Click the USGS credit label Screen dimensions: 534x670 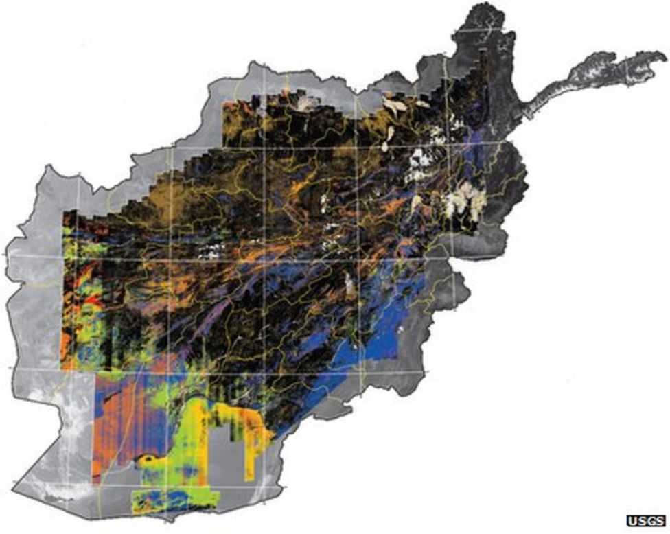coord(645,520)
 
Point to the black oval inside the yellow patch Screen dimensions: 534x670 coord(147,458)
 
